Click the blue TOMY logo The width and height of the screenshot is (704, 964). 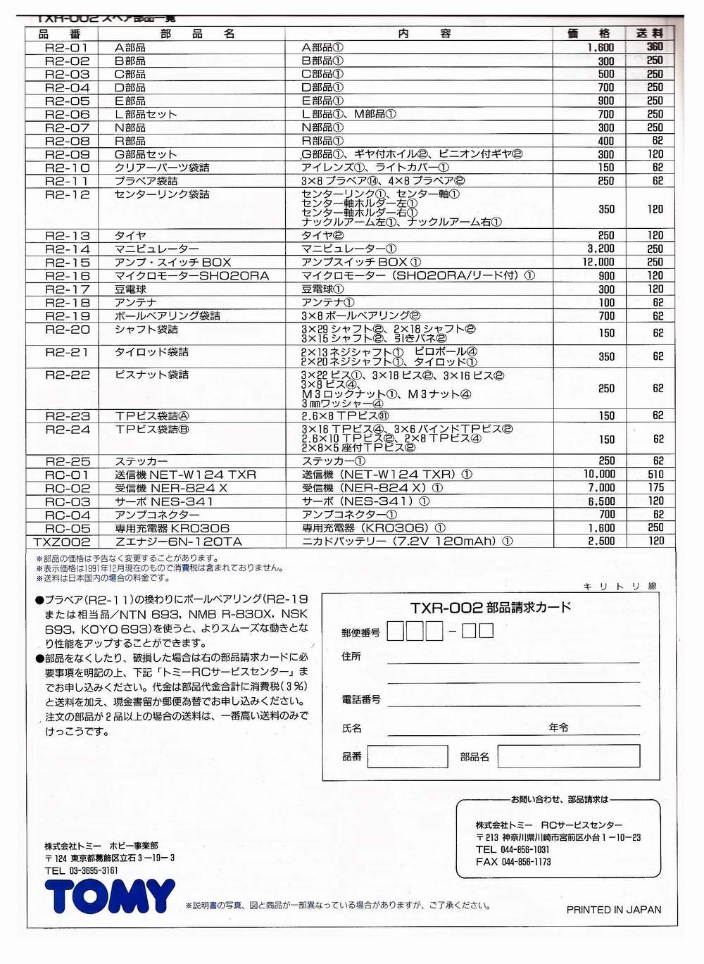110,896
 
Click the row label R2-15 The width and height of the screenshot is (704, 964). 68,262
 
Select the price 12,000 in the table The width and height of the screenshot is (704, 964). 598,262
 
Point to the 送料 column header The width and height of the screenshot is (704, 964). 650,33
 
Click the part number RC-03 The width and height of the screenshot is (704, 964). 68,501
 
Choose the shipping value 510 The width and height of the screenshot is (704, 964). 655,475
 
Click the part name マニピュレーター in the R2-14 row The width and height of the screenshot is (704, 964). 157,249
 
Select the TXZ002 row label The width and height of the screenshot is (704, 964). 62,542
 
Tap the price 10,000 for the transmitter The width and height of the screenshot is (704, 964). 599,475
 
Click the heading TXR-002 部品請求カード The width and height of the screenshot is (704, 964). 490,608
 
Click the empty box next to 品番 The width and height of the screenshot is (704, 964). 407,756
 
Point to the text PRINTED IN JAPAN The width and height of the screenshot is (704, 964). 614,910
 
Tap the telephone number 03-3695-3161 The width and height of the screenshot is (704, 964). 94,871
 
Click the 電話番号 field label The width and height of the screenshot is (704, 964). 360,699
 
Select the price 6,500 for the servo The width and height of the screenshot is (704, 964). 601,501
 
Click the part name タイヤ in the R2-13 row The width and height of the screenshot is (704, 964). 130,235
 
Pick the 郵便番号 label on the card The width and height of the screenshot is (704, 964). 360,632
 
